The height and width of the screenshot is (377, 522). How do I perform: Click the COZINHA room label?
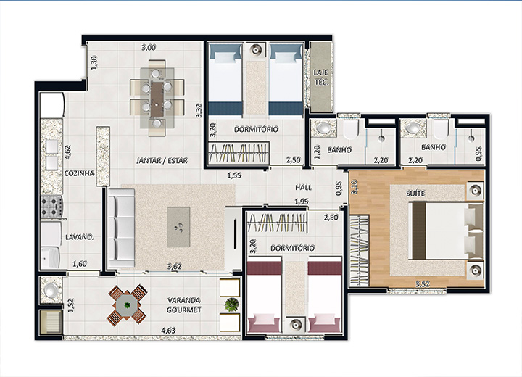[79, 173]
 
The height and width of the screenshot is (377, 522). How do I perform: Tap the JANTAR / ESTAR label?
[162, 160]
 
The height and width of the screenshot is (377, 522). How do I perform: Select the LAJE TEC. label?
[321, 77]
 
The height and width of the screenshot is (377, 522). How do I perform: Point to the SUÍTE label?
[415, 193]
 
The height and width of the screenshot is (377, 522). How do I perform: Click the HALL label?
[304, 188]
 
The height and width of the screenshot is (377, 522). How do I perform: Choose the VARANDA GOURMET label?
[184, 305]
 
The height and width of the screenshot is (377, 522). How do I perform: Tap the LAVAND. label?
[79, 237]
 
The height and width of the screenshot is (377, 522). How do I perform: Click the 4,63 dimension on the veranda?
[168, 331]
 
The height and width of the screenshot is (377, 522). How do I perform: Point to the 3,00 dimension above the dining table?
[149, 48]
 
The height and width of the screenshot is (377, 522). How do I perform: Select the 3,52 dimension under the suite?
[423, 284]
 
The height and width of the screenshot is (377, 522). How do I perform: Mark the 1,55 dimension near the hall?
[234, 175]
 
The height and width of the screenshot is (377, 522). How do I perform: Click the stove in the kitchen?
[51, 207]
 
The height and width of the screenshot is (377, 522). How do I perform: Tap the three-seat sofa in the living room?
[121, 228]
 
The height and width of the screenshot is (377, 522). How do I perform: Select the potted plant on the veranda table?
[128, 304]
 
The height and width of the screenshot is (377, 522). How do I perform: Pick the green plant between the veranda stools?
[232, 304]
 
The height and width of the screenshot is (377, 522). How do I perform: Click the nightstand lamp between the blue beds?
[255, 50]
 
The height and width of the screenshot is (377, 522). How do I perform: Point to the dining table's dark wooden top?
[157, 99]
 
